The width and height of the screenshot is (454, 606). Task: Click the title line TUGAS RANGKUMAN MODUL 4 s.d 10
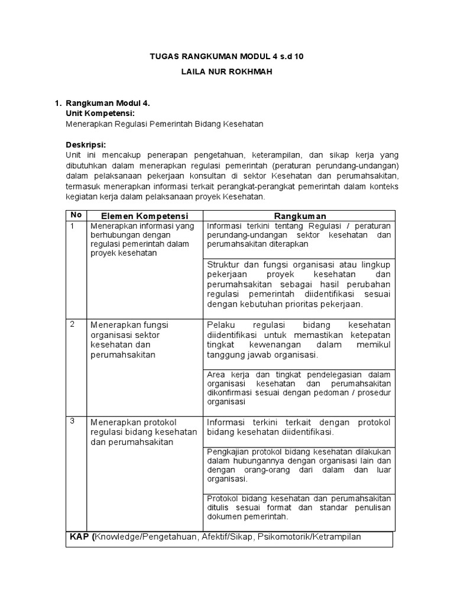click(x=228, y=56)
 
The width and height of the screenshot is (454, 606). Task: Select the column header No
click(x=76, y=215)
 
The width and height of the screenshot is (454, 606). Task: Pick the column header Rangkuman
click(x=300, y=216)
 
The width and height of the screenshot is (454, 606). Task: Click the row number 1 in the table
click(x=73, y=226)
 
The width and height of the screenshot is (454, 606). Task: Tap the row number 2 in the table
click(x=73, y=324)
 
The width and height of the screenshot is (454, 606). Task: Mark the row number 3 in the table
click(x=73, y=421)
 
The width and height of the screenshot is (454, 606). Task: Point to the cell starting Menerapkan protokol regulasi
click(x=142, y=433)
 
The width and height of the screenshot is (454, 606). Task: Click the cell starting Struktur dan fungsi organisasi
click(x=299, y=283)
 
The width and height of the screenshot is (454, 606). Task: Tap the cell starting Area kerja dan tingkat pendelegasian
click(x=299, y=388)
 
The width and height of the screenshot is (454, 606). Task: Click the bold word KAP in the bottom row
click(x=79, y=537)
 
